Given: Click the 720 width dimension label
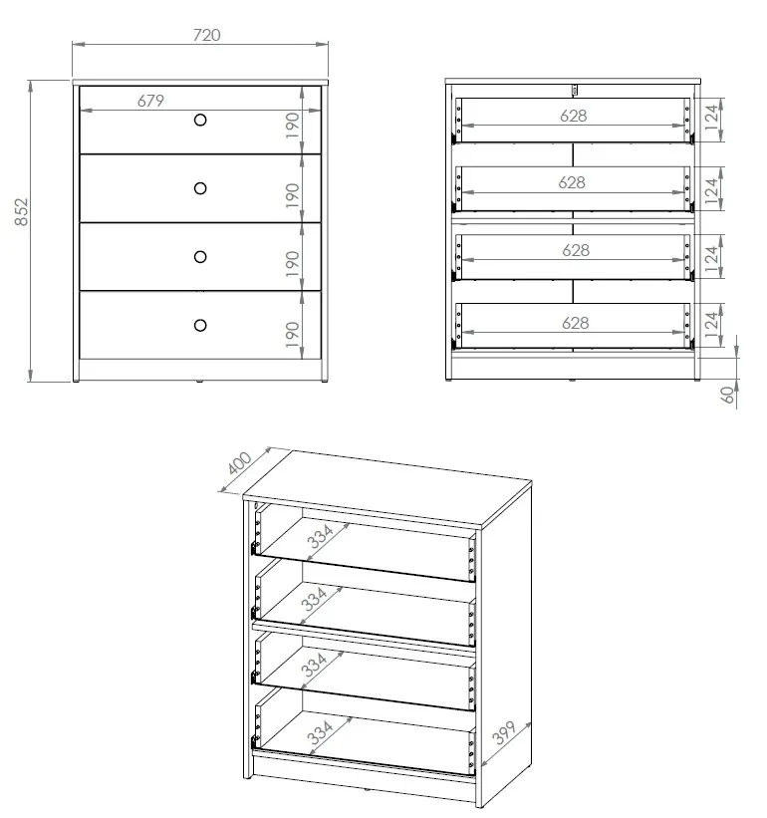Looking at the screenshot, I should [x=204, y=35].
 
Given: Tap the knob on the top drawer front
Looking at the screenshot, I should [x=200, y=121].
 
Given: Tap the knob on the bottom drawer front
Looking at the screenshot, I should [x=200, y=325].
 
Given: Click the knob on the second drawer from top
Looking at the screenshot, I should [x=200, y=188].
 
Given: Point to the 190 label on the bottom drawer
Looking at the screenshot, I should [x=293, y=333].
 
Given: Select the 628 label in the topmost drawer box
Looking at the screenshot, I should [x=573, y=116].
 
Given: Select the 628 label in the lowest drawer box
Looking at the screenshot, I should [x=575, y=323].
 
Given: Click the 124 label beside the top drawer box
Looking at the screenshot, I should [x=710, y=119].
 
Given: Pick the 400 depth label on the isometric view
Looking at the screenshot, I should [x=240, y=463].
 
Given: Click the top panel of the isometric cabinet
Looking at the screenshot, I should [x=388, y=489].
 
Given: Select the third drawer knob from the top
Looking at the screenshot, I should [x=200, y=256].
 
